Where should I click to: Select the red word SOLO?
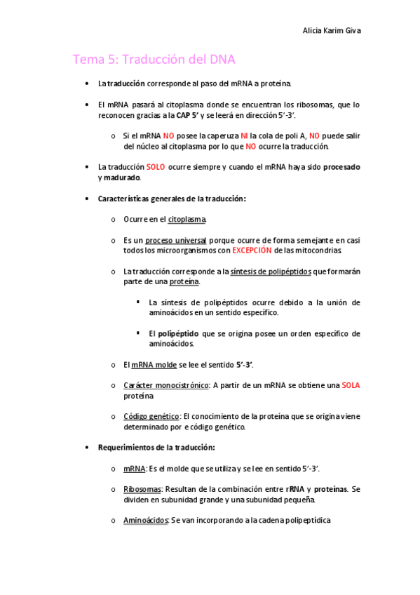156,167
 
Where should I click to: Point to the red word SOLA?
351,385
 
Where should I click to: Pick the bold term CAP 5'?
187,115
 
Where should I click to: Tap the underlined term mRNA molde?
154,365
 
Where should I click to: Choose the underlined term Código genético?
151,416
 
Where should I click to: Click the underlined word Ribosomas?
142,489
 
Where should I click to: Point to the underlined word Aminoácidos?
146,521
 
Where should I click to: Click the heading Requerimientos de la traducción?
156,447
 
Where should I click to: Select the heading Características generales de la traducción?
172,199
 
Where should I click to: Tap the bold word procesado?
341,167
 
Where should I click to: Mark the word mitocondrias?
318,250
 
